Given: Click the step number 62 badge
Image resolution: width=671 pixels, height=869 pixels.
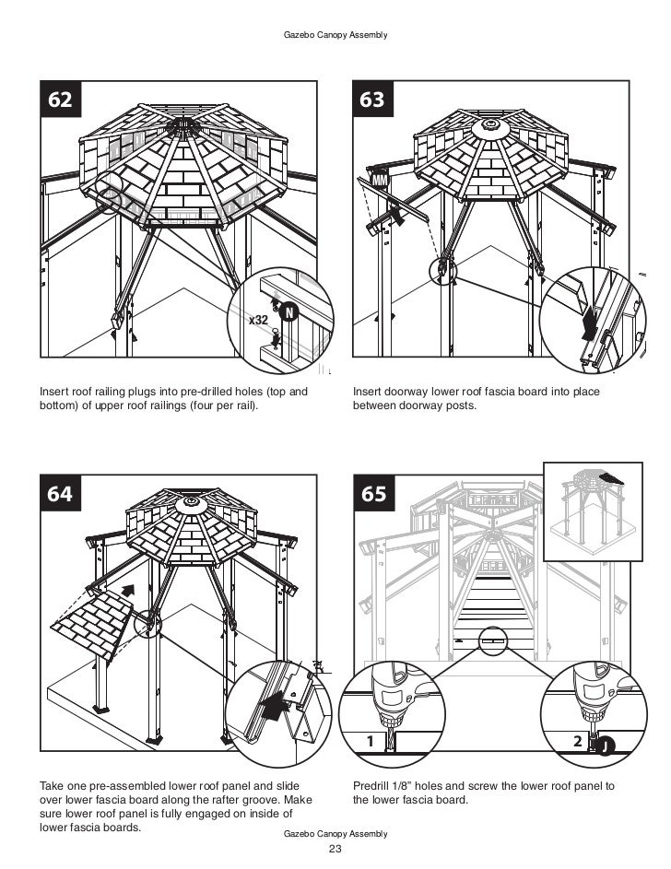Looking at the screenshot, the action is (60, 100).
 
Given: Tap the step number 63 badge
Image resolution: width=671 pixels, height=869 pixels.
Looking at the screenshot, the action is (372, 100).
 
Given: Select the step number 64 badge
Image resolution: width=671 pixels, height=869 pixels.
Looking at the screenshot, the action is (60, 494).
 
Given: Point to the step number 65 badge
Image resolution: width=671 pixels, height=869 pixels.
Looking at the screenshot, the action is (373, 494).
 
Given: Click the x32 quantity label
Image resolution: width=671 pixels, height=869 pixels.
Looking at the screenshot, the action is (259, 319).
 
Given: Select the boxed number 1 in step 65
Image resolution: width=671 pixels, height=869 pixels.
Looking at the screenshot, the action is (369, 741).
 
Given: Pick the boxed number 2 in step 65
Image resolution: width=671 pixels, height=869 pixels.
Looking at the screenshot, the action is (577, 741).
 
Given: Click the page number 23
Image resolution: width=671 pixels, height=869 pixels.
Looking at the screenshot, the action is (335, 850).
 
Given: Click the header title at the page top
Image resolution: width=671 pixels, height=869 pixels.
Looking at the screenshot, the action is (335, 35).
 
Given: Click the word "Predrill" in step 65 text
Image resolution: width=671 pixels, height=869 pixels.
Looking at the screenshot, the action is (373, 786).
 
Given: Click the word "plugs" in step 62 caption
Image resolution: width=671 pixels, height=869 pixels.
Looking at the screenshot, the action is (136, 392).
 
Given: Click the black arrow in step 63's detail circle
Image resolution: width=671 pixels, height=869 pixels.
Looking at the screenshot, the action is (588, 322).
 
